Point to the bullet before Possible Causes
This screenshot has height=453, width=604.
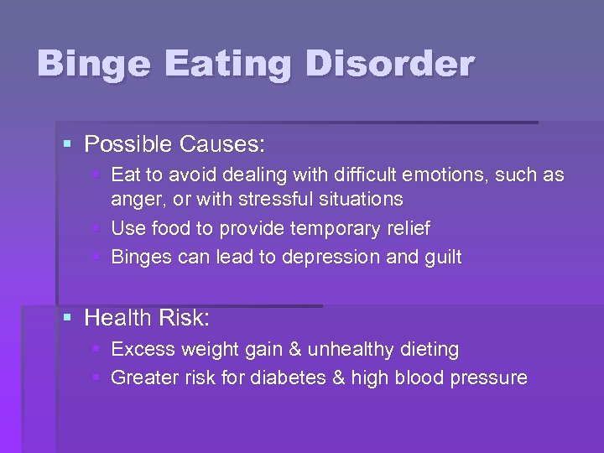tap(68, 144)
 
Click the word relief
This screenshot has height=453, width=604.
tap(405, 228)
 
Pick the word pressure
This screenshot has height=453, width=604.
tap(489, 378)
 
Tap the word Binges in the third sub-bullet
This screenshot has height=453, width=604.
tap(140, 257)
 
